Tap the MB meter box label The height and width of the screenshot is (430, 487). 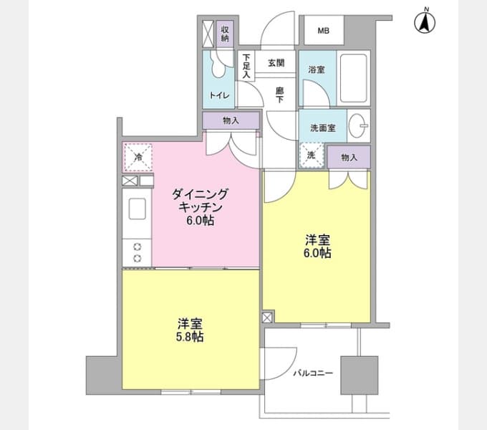324,31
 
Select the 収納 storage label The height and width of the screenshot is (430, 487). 225,34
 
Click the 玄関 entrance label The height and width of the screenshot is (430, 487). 276,63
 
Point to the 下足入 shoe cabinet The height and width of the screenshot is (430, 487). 246,66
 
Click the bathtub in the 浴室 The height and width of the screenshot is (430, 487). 354,77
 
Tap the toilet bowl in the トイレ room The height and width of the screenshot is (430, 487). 218,64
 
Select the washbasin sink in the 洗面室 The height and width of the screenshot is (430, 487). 357,126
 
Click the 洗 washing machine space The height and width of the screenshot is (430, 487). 312,156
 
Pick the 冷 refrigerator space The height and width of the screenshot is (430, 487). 138,157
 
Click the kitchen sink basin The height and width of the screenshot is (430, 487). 138,209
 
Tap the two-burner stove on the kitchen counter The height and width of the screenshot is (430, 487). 138,252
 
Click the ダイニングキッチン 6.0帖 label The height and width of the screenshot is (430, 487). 200,207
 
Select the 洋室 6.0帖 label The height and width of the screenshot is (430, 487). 317,247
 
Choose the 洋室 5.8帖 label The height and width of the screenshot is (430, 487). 190,330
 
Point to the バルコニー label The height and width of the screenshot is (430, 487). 313,373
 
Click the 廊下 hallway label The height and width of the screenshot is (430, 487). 280,95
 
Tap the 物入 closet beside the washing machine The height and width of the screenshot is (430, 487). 349,157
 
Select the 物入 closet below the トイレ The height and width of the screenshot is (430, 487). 231,120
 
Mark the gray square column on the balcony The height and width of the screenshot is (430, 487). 360,376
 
